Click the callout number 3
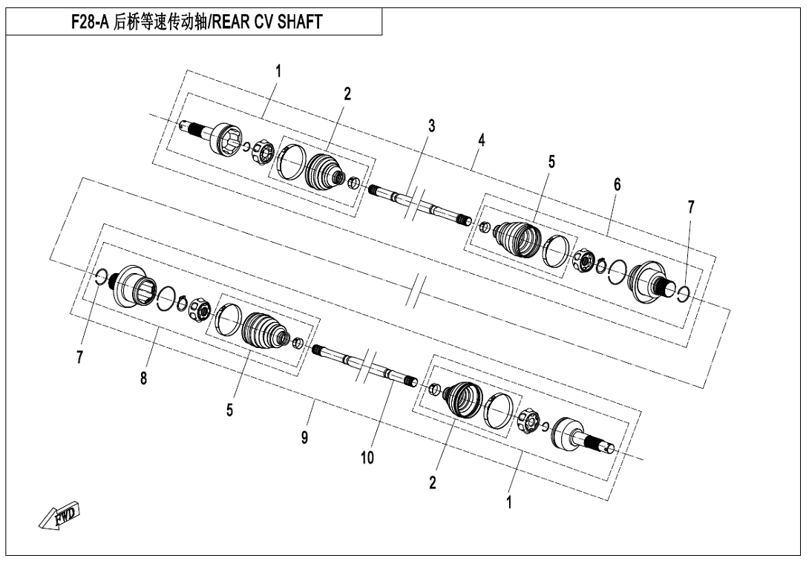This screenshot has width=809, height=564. tap(431, 125)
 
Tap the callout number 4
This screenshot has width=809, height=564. tap(482, 140)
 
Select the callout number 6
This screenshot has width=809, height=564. tap(617, 185)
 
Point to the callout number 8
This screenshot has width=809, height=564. tap(143, 378)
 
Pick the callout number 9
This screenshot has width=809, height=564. tap(305, 438)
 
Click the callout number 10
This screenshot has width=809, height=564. tap(367, 457)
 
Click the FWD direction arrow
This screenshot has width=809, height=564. tap(59, 514)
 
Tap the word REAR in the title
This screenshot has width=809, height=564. tap(231, 22)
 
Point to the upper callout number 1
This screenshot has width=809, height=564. tap(278, 71)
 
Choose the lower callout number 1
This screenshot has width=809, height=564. tap(509, 502)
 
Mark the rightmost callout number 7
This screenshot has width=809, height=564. tap(691, 207)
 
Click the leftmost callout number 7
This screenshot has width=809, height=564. tap(79, 357)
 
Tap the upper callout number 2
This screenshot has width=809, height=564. tap(347, 94)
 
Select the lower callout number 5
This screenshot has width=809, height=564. tap(229, 410)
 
